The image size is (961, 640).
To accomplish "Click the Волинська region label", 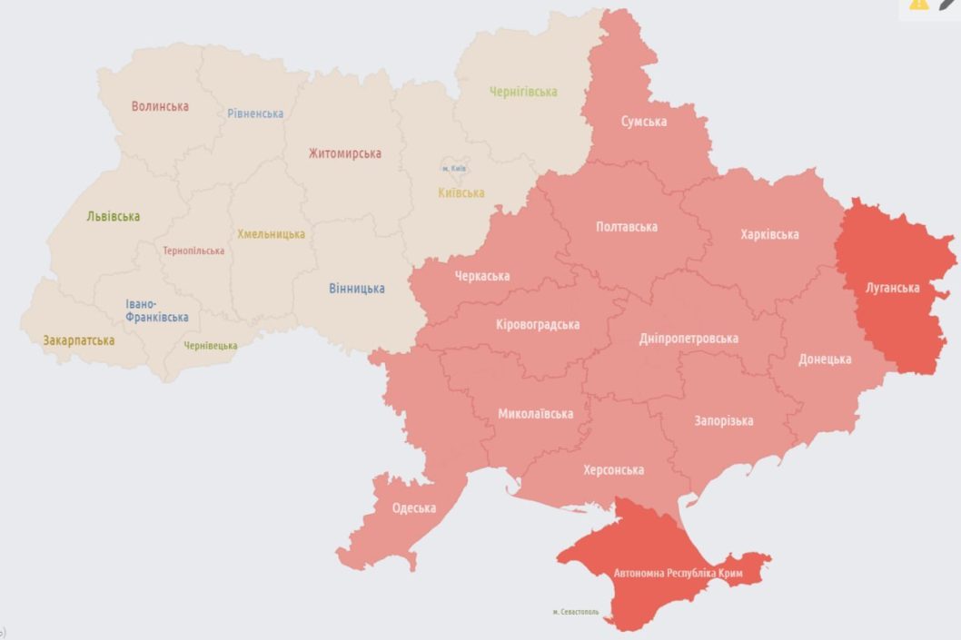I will click(160, 106).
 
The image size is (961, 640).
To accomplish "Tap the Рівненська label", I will click(255, 113).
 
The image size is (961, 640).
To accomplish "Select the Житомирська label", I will click(344, 153).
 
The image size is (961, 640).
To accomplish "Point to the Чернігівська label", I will click(523, 92).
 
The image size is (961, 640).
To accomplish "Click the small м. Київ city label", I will click(454, 169).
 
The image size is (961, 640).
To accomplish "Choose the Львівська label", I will click(113, 217).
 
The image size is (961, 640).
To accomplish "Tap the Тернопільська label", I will click(193, 251).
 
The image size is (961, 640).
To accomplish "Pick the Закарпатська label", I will click(78, 341).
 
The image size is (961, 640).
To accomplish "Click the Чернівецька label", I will click(211, 346).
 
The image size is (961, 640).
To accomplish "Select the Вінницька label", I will click(356, 289).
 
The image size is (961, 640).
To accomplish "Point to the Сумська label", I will click(644, 122).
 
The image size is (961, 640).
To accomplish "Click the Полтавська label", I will click(627, 227).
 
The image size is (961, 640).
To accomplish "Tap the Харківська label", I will click(769, 234).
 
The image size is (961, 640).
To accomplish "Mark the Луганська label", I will click(892, 288).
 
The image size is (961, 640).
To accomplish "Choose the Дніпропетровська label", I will click(689, 339).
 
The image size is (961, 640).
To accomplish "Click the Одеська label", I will click(413, 508).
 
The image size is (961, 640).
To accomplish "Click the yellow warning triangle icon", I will click(918, 4).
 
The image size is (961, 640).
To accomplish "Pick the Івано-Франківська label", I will click(157, 310).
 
